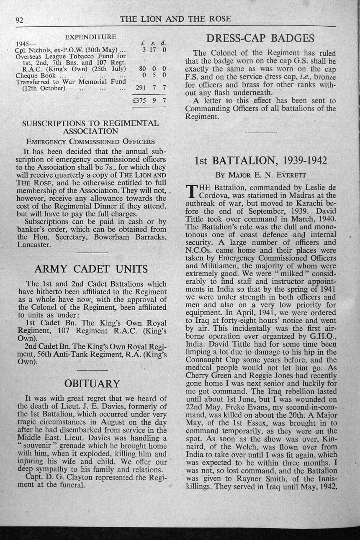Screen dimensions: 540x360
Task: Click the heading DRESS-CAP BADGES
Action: (260, 39)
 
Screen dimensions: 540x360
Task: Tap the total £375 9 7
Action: (149, 101)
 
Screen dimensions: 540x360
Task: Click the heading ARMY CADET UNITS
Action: (91, 269)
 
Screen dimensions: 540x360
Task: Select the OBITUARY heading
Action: (92, 383)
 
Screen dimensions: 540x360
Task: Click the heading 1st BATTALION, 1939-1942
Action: (260, 161)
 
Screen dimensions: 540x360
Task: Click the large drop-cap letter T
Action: (191, 191)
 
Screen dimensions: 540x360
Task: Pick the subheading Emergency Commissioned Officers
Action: (90, 141)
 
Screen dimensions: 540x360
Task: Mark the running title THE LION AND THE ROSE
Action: (175, 19)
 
